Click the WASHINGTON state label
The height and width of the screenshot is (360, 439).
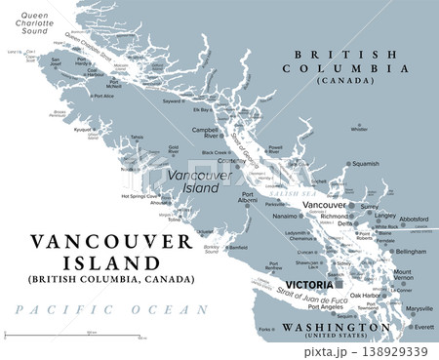point(331,327)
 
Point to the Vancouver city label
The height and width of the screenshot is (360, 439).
point(325,206)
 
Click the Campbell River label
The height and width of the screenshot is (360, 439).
point(205,134)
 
